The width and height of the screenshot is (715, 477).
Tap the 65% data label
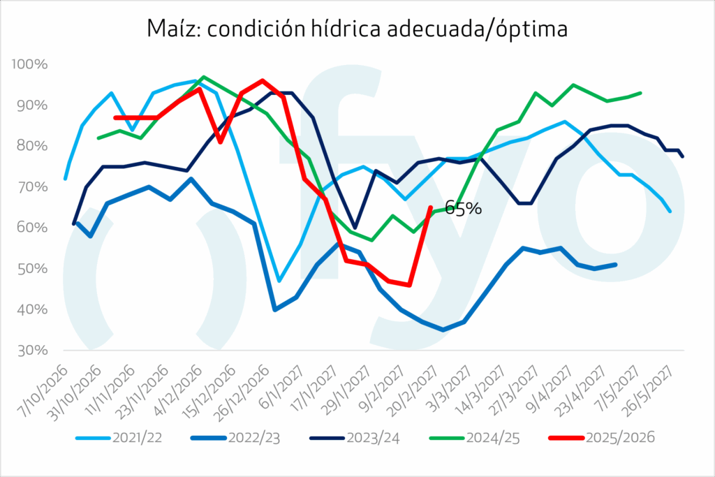pyautogui.click(x=463, y=207)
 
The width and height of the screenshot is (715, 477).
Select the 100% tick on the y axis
pyautogui.click(x=30, y=64)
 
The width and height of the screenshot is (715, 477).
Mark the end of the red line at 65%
pyautogui.click(x=429, y=207)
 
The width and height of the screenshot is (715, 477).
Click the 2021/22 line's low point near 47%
pyautogui.click(x=279, y=281)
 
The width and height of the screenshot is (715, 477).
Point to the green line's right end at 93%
pyautogui.click(x=640, y=93)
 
